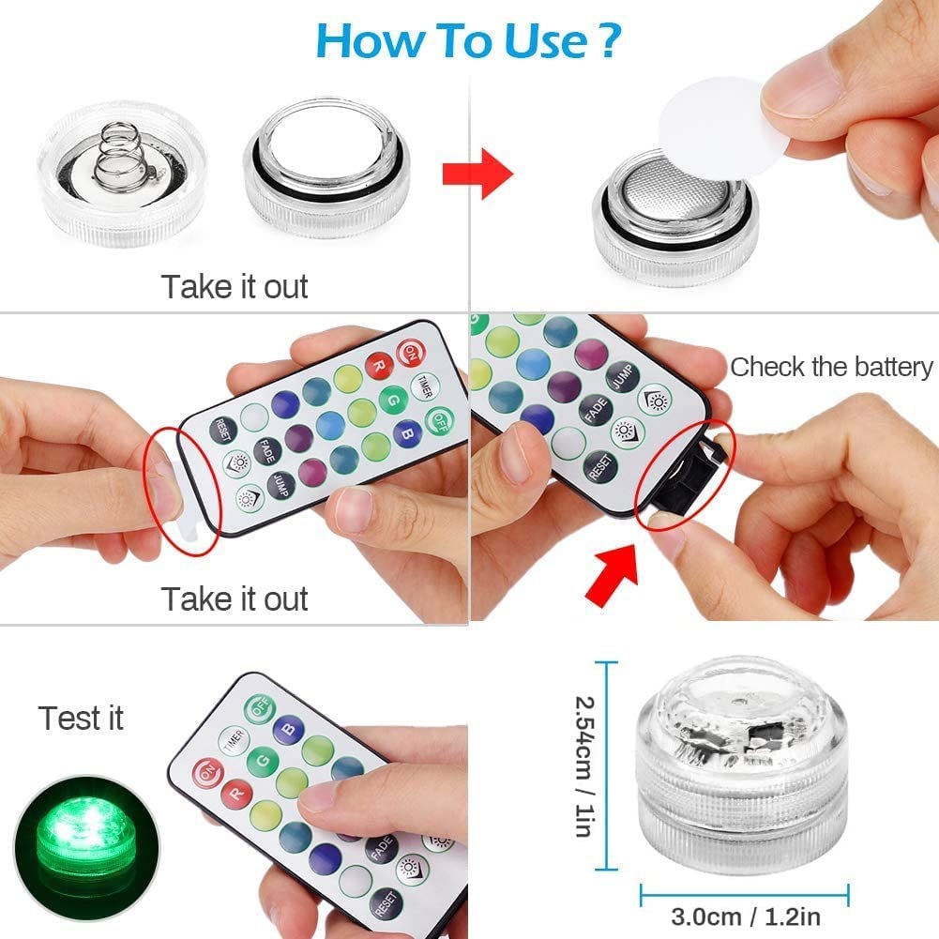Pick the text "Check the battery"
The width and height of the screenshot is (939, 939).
(x=831, y=367)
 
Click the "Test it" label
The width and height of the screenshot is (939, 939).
(x=82, y=719)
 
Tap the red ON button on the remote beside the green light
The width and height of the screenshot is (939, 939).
(x=205, y=773)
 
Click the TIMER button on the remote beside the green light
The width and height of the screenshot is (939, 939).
(x=232, y=740)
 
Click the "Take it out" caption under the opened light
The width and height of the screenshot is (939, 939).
(x=235, y=286)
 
